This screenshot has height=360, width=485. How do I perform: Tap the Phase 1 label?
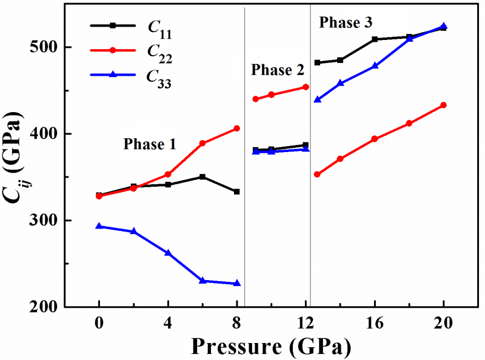click(x=150, y=144)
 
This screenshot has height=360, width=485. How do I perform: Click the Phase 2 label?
click(x=278, y=70)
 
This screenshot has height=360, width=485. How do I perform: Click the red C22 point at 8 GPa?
click(x=236, y=128)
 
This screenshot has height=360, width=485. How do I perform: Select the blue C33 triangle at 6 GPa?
click(x=202, y=281)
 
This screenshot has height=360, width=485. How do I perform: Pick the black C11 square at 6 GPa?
click(x=202, y=177)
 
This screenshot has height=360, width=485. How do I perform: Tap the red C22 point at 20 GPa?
click(x=444, y=105)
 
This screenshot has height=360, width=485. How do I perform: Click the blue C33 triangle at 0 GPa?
click(x=99, y=226)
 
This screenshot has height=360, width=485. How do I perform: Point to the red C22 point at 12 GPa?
click(x=306, y=87)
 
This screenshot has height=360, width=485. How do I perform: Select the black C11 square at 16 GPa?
click(x=375, y=39)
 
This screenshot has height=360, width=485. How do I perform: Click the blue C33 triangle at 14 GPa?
click(x=340, y=83)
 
